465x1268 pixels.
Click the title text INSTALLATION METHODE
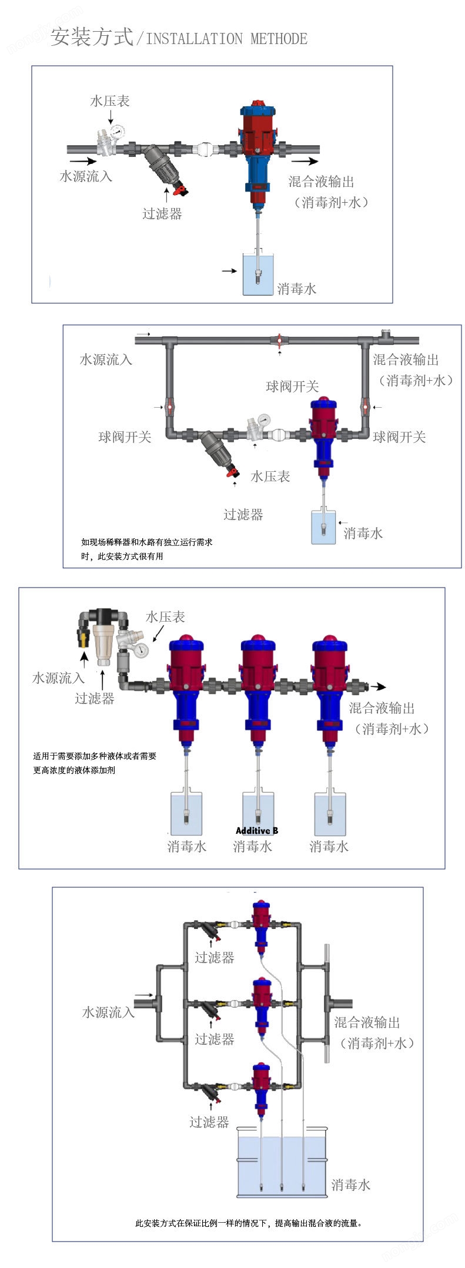[226, 39]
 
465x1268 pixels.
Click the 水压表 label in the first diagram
[109, 101]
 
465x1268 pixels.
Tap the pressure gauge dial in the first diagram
[116, 131]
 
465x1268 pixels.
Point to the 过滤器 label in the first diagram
[162, 213]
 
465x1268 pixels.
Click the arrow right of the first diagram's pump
[305, 161]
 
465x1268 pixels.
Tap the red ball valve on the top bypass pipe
[279, 340]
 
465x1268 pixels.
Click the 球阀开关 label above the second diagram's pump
[292, 386]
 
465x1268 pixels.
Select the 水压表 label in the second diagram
[270, 476]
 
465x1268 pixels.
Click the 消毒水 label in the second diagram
[363, 533]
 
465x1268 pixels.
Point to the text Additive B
[257, 830]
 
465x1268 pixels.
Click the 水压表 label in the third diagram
[165, 616]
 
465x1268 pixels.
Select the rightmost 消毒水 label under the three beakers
[329, 846]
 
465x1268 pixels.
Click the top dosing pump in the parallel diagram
[261, 925]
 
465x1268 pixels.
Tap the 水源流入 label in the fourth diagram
[108, 1012]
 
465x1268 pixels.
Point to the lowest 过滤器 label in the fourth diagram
[209, 1122]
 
